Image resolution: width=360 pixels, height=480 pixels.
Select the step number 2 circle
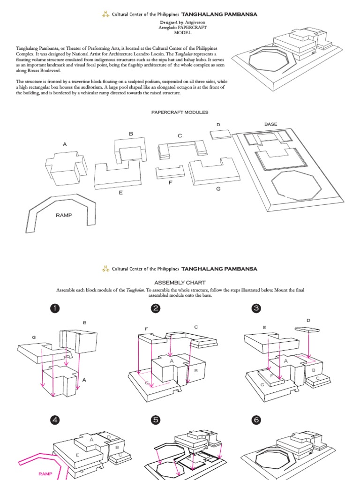pos(156,308)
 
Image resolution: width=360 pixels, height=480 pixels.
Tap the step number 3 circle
pos(256,308)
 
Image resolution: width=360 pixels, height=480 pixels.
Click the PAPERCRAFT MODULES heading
pos(180,112)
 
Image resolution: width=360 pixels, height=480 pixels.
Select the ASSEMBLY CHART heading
pos(180,283)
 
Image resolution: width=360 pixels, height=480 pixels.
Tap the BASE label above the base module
pos(270,124)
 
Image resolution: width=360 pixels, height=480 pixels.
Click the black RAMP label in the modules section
pos(64,215)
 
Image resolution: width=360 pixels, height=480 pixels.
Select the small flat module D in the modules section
pos(220,134)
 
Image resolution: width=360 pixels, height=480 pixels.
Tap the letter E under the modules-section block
pos(120,193)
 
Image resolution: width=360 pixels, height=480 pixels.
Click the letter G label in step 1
pos(34,337)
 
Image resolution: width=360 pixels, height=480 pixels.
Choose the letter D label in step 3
pos(308,320)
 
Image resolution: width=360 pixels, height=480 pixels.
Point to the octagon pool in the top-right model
pos(266,60)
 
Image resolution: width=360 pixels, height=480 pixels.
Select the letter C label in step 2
pos(195,326)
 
